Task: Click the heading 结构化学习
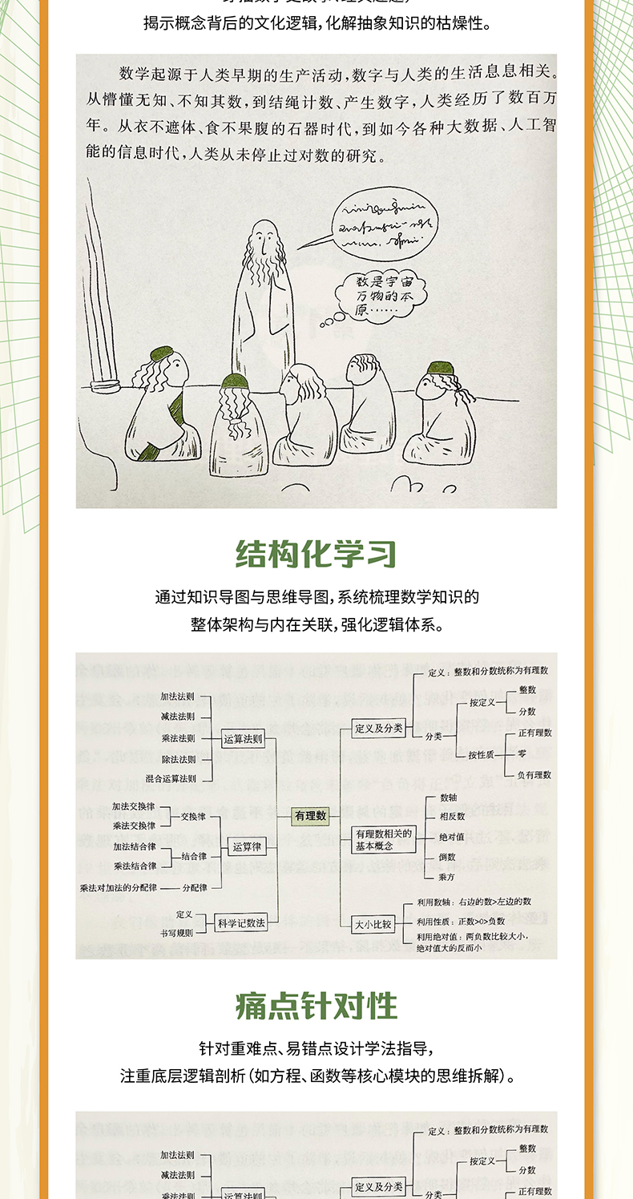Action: pyautogui.click(x=316, y=554)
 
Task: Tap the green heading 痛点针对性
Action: pyautogui.click(x=316, y=1006)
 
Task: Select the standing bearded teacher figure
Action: pyautogui.click(x=262, y=305)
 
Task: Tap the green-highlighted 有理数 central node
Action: pyautogui.click(x=310, y=816)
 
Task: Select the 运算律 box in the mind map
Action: pyautogui.click(x=246, y=846)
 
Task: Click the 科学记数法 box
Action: pyautogui.click(x=241, y=923)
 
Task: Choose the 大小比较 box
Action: pyautogui.click(x=373, y=924)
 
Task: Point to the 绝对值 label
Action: pyautogui.click(x=451, y=837)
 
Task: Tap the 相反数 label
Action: pyautogui.click(x=451, y=816)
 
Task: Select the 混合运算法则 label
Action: pyautogui.click(x=171, y=778)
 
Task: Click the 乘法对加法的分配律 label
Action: pyautogui.click(x=118, y=887)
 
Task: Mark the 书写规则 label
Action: pyautogui.click(x=174, y=933)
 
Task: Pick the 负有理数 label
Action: pyautogui.click(x=534, y=775)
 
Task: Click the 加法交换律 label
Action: pyautogui.click(x=134, y=806)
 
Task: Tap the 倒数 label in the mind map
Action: pyautogui.click(x=447, y=857)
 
